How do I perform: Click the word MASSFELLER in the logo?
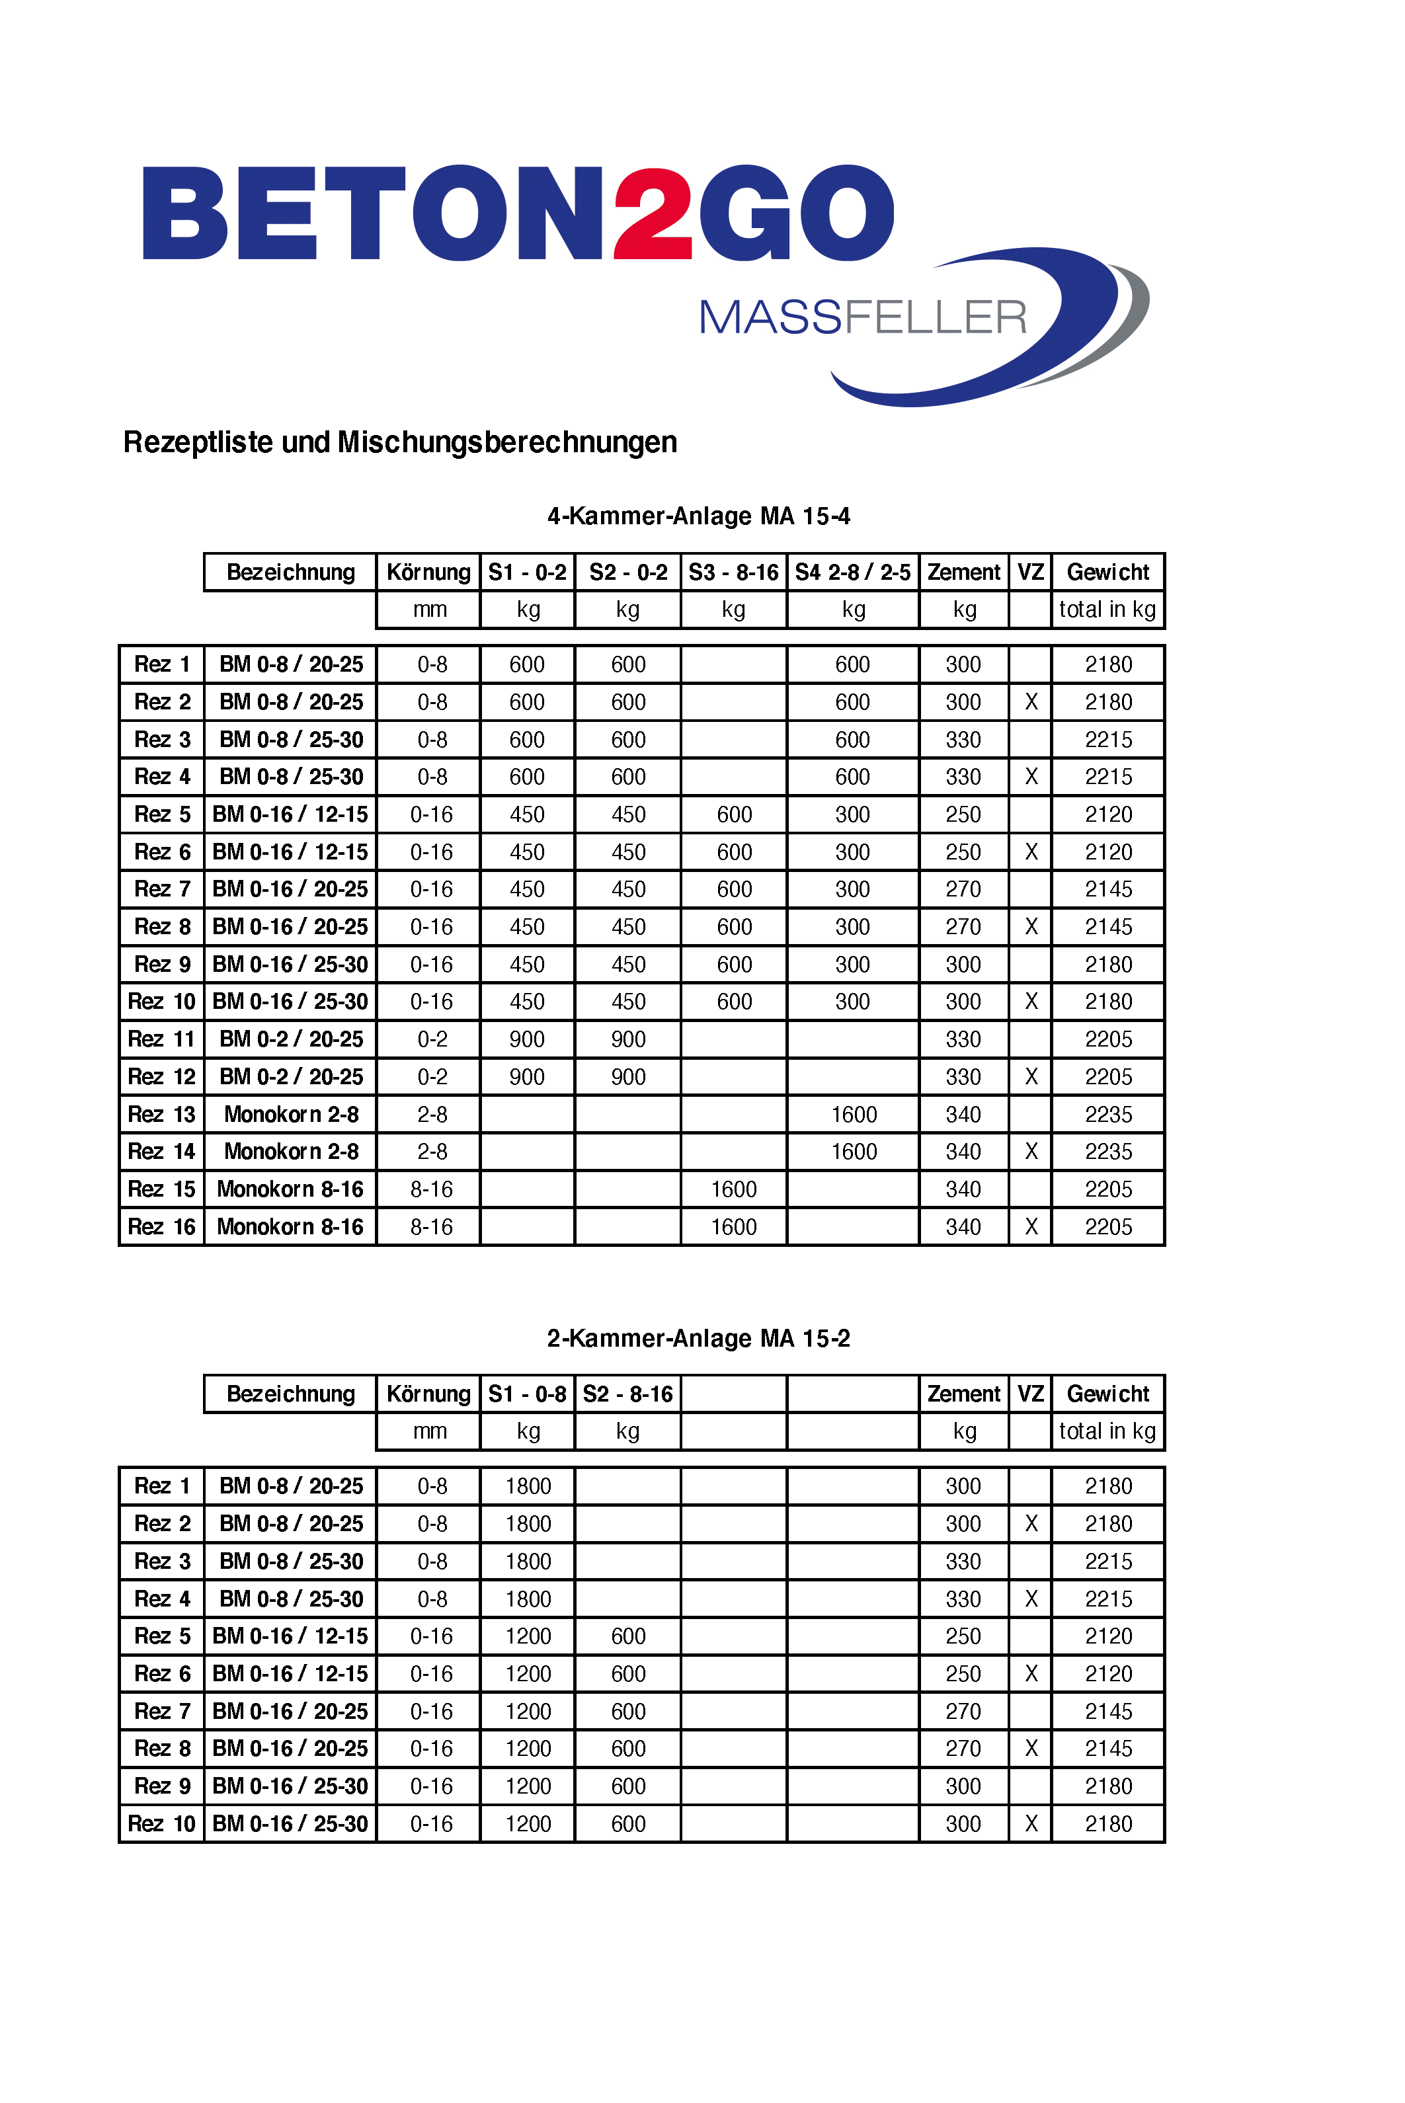tap(862, 318)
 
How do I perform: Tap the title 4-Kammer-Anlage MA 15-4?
tap(698, 516)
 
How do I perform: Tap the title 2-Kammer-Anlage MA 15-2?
tap(698, 1339)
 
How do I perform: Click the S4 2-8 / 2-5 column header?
tap(852, 573)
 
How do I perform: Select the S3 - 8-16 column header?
tap(733, 573)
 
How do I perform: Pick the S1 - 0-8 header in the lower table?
tap(527, 1394)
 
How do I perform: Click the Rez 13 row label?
tap(161, 1115)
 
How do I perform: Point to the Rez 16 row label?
tap(161, 1226)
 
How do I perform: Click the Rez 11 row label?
tap(161, 1039)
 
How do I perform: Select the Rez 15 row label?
tap(161, 1189)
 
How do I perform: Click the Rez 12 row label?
tap(161, 1077)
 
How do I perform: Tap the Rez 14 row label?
tap(161, 1152)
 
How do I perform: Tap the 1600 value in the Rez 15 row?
tap(733, 1189)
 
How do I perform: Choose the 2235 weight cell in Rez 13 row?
tap(1108, 1115)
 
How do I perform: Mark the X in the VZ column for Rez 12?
tap(1031, 1077)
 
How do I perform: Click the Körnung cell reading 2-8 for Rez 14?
tap(432, 1152)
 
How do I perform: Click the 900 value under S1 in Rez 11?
tap(527, 1039)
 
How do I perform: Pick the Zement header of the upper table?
tap(963, 573)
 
